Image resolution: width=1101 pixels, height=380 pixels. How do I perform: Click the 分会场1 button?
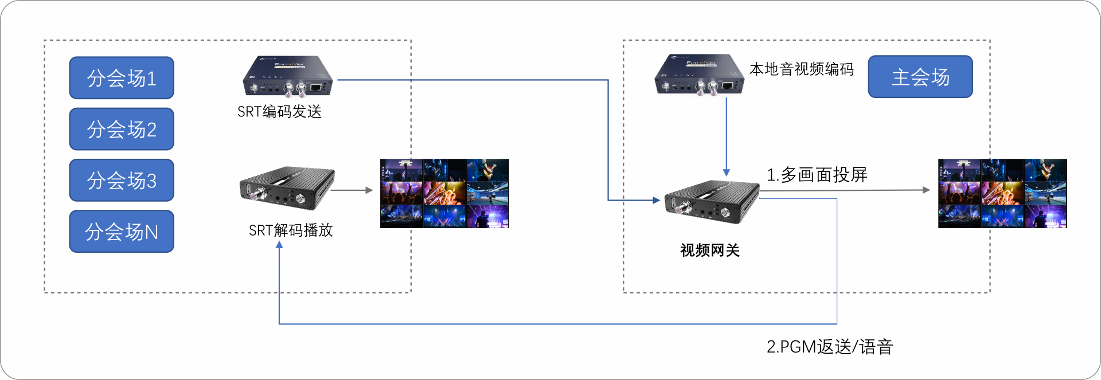pyautogui.click(x=122, y=78)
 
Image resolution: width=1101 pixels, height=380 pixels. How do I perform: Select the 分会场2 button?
pyautogui.click(x=122, y=129)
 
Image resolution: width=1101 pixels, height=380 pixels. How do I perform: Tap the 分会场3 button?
pyautogui.click(x=122, y=181)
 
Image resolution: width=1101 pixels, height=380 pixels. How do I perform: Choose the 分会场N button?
pyautogui.click(x=122, y=232)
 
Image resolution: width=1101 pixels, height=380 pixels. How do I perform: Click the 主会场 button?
pyautogui.click(x=920, y=77)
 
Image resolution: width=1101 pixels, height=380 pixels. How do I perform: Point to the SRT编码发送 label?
pyautogui.click(x=279, y=112)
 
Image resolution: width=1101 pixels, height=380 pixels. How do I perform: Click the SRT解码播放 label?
pyautogui.click(x=291, y=230)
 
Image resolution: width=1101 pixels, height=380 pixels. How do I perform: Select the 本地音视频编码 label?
pyautogui.click(x=802, y=69)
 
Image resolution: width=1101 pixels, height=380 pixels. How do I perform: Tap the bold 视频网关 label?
pyautogui.click(x=710, y=250)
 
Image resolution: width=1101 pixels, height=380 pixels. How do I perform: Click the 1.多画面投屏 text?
pyautogui.click(x=817, y=175)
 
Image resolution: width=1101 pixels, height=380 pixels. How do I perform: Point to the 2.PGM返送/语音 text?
pyautogui.click(x=830, y=347)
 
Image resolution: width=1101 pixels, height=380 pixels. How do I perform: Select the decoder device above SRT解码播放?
pyautogui.click(x=287, y=188)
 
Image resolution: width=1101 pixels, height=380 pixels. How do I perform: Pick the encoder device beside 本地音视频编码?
pyautogui.click(x=700, y=75)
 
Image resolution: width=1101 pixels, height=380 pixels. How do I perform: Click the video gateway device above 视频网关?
pyautogui.click(x=712, y=201)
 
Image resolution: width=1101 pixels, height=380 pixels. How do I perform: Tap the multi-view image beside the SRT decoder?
pyautogui.click(x=444, y=194)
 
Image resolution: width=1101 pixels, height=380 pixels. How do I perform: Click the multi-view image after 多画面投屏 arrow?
pyautogui.click(x=1002, y=194)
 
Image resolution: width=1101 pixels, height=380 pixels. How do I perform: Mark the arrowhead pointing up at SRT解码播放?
pyautogui.click(x=279, y=245)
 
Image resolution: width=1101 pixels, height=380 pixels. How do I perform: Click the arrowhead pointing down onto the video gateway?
pyautogui.click(x=727, y=173)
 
